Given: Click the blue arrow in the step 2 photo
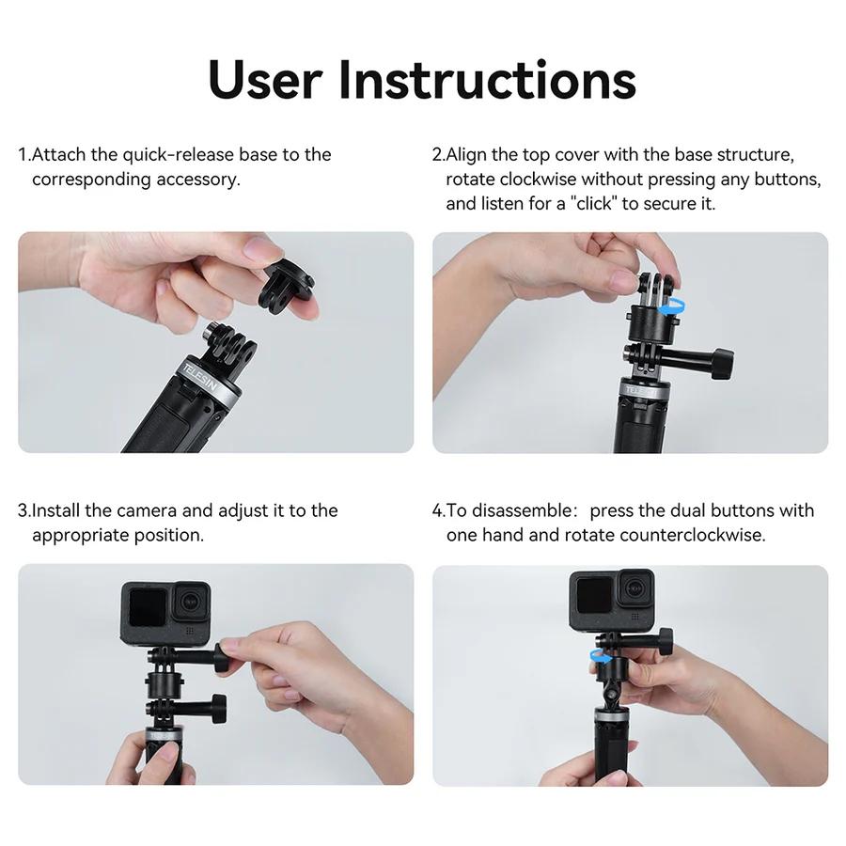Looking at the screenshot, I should (x=669, y=305).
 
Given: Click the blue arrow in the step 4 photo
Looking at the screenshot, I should (x=597, y=655).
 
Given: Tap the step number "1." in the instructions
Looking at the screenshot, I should (x=24, y=154).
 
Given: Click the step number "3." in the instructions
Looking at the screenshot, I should (x=24, y=510).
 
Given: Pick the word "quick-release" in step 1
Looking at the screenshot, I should (x=178, y=154).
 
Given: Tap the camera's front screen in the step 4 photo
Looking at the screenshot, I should (x=592, y=596).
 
